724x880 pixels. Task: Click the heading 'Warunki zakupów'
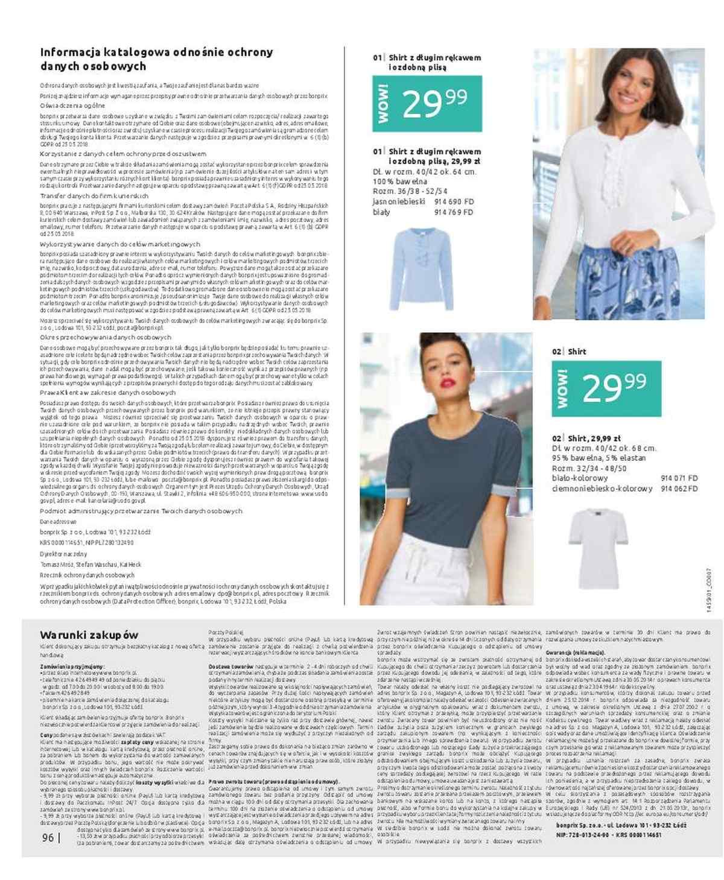(89, 635)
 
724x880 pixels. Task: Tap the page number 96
(48, 838)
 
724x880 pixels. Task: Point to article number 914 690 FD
(454, 201)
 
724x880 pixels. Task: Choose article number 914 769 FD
(454, 212)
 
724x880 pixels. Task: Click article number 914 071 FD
(679, 478)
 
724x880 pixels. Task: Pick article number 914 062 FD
(679, 489)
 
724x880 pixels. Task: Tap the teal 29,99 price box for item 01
(427, 104)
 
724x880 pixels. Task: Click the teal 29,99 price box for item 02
(606, 388)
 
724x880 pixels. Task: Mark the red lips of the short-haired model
(446, 382)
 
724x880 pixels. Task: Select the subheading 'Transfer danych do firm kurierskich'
(94, 196)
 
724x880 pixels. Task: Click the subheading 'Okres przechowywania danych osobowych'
(106, 338)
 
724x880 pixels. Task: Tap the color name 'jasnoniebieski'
(399, 201)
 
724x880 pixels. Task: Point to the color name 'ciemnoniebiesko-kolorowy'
(602, 489)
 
